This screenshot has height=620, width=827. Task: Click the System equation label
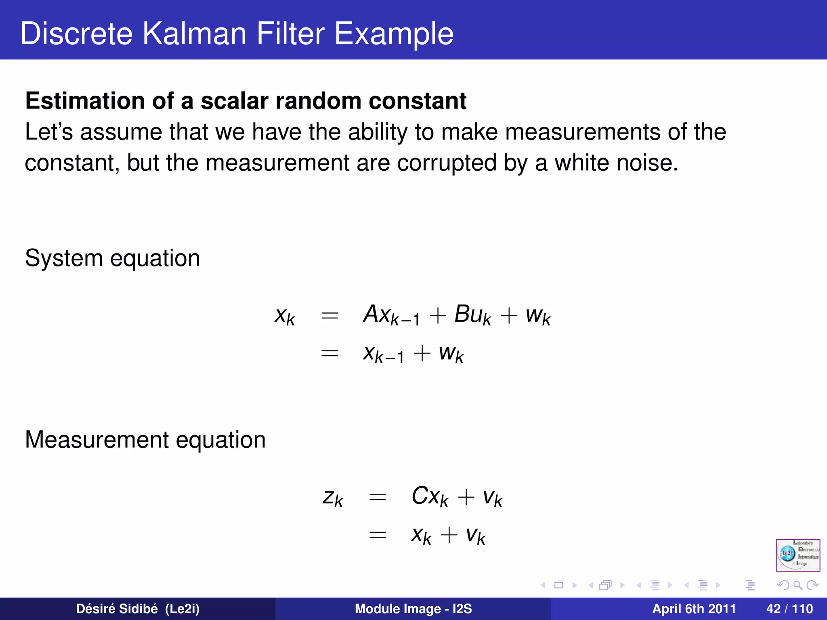tap(112, 258)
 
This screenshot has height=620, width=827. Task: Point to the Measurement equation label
tap(145, 440)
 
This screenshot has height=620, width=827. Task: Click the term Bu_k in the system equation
tap(472, 315)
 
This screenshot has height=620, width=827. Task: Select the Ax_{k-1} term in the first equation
tap(391, 315)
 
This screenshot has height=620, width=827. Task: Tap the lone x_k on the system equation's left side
tap(285, 316)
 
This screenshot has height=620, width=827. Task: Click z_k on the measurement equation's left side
tap(333, 497)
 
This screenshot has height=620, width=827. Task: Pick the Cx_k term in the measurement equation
tap(430, 496)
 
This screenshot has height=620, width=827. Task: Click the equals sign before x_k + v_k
tap(378, 535)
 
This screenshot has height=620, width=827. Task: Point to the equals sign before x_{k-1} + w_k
tap(329, 354)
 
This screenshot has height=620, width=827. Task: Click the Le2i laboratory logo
tap(798, 555)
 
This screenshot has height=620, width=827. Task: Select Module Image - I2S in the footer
tap(413, 609)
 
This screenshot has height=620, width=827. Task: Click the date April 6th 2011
tap(694, 609)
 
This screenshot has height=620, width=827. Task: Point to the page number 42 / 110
tap(789, 609)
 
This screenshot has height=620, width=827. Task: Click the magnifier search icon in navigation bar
tap(798, 585)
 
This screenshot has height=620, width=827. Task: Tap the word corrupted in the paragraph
tap(447, 163)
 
